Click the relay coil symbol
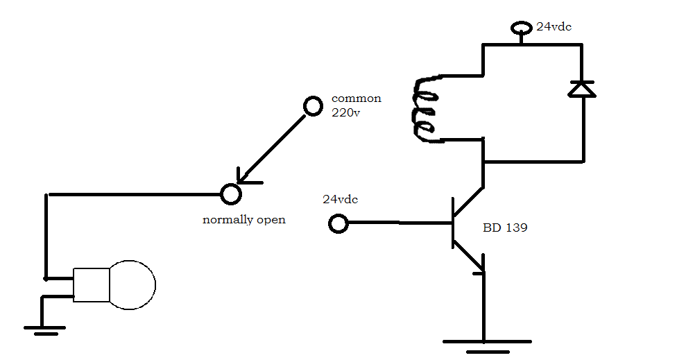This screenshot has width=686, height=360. click(425, 109)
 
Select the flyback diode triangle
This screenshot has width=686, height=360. click(582, 89)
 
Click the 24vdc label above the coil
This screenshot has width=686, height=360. click(554, 27)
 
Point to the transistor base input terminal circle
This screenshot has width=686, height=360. click(338, 223)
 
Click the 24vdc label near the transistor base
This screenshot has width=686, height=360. click(340, 199)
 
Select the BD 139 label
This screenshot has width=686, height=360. click(504, 227)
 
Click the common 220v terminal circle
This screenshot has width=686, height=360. click(313, 106)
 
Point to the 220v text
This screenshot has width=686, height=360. click(345, 113)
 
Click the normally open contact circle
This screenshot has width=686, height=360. click(230, 194)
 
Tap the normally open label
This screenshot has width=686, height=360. click(243, 220)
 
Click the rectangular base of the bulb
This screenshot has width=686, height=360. click(92, 284)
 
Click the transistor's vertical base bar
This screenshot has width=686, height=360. click(452, 223)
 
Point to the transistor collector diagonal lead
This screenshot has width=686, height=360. click(468, 202)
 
